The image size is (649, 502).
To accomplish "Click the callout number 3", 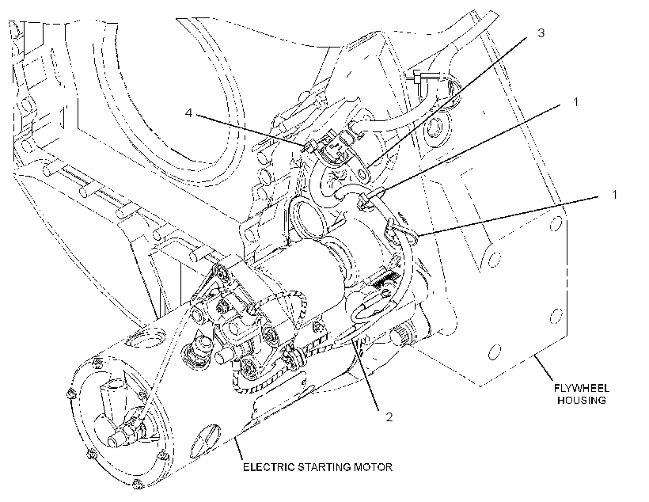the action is tap(541, 32).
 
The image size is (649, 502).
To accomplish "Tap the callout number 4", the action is tap(188, 112).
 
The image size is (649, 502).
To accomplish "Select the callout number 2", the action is tap(389, 416).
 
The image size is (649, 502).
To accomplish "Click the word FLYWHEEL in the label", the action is tap(582, 388).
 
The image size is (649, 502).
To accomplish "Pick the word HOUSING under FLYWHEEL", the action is tap(582, 400).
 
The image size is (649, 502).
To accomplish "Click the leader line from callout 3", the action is tap(447, 102).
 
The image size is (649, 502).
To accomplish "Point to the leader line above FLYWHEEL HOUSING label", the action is tap(544, 367).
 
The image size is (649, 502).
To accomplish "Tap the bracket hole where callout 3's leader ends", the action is tap(364, 172).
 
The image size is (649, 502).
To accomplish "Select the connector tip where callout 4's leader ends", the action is tap(309, 146).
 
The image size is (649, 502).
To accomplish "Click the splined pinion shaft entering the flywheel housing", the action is tap(400, 335).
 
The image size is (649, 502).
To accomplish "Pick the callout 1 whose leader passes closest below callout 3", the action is tap(575, 102).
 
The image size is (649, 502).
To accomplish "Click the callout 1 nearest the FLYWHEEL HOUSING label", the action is tap(614, 194).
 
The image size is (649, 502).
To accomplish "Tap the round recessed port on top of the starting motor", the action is tap(146, 337).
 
